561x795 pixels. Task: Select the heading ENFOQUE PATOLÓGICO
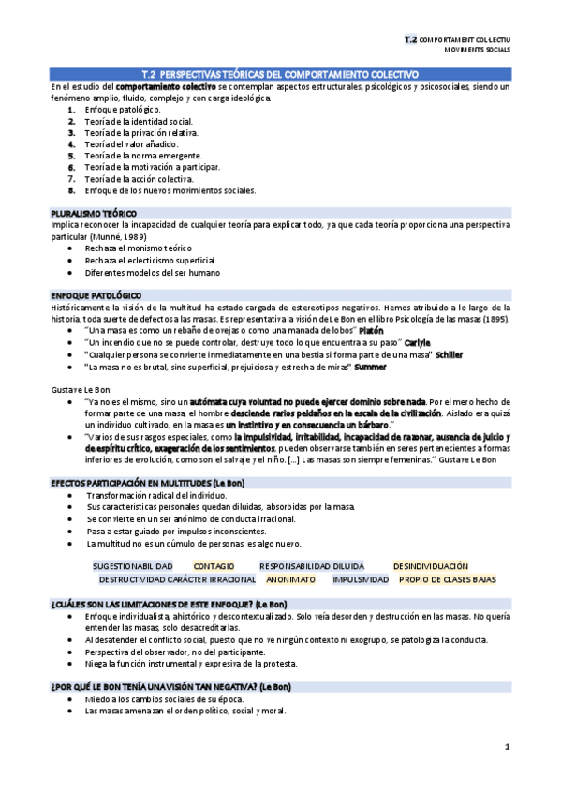tap(93, 296)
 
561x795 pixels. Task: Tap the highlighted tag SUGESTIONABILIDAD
tap(132, 567)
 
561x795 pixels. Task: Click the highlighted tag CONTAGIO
tap(214, 567)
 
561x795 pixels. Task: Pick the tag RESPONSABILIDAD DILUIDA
tap(313, 567)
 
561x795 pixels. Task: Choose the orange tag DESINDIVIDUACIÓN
tap(430, 567)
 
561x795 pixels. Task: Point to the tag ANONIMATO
tap(290, 579)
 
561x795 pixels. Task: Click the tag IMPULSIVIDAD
tap(361, 579)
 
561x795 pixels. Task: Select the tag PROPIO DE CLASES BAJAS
tap(448, 579)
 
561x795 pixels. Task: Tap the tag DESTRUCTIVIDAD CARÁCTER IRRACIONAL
tap(177, 579)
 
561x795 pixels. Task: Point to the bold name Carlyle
tap(418, 342)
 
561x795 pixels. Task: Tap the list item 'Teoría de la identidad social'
tap(139, 122)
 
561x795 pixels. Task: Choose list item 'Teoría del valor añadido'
tap(129, 144)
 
